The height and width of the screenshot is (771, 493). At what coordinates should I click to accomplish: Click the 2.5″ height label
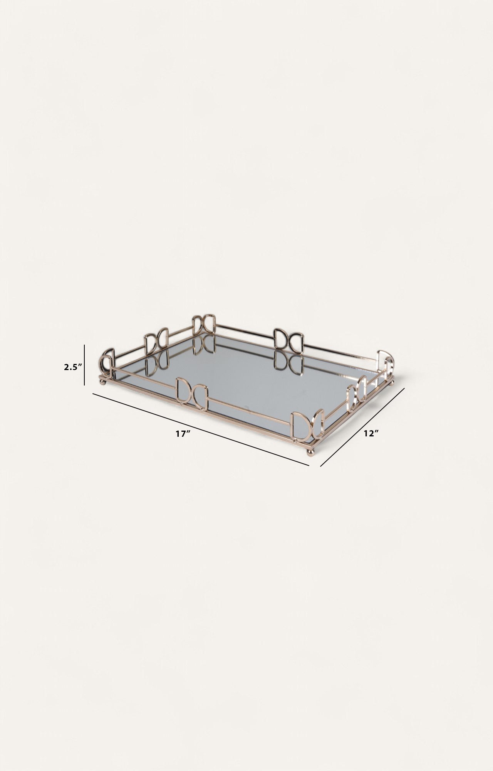pos(73,367)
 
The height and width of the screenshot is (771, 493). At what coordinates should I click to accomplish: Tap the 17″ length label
pos(183,434)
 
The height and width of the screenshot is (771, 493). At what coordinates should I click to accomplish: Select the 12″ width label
pos(371,433)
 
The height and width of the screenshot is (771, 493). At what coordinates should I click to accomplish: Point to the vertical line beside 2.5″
pos(84,365)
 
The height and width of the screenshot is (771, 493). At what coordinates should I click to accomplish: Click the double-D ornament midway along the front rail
pos(192,393)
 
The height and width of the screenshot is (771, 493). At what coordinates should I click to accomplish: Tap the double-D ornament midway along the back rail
pos(288,340)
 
